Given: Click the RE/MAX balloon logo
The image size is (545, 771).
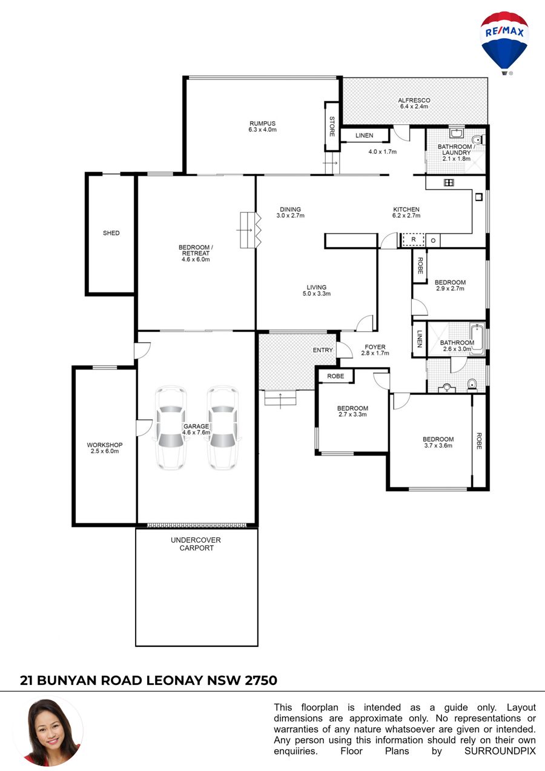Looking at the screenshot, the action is pyautogui.click(x=504, y=43).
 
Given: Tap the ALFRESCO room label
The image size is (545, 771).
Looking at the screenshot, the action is pyautogui.click(x=414, y=100).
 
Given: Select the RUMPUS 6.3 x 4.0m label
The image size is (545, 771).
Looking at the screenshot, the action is pyautogui.click(x=263, y=127).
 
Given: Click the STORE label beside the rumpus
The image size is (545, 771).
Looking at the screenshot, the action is pyautogui.click(x=332, y=127).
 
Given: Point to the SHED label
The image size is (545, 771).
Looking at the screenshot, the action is pyautogui.click(x=111, y=233).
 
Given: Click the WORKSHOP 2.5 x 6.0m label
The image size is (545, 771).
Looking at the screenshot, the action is pyautogui.click(x=105, y=448).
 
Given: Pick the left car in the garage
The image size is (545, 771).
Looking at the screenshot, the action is pyautogui.click(x=171, y=428).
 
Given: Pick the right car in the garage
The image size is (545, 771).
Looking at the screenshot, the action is pyautogui.click(x=223, y=428).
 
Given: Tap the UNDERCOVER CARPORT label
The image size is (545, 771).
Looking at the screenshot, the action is pyautogui.click(x=196, y=544).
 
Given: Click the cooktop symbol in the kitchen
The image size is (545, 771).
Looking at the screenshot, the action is pyautogui.click(x=449, y=183).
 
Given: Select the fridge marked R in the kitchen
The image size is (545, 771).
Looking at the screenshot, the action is pyautogui.click(x=413, y=240).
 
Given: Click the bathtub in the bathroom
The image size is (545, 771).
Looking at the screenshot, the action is pyautogui.click(x=477, y=339).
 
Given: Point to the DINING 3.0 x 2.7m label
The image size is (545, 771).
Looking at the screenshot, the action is pyautogui.click(x=291, y=213).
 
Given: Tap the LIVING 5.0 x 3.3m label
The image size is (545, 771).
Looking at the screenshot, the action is pyautogui.click(x=317, y=290).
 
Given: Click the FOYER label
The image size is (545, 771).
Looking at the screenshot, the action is pyautogui.click(x=375, y=347).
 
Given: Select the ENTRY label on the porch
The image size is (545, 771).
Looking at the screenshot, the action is pyautogui.click(x=323, y=350).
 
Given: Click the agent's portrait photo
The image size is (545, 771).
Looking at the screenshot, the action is pyautogui.click(x=48, y=732).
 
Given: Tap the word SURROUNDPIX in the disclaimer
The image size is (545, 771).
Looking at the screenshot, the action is pyautogui.click(x=500, y=750).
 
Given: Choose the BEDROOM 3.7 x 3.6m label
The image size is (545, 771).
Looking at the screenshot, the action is pyautogui.click(x=438, y=442).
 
